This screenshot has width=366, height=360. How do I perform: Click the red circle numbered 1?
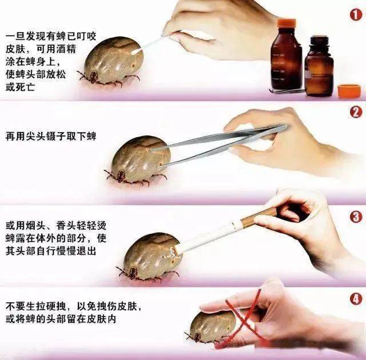(x=355, y=15)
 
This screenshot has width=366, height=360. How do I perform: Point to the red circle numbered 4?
(x=355, y=298)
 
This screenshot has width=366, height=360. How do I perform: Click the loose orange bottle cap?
(x=349, y=90)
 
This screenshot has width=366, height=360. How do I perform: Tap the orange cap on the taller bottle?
(x=287, y=23)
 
